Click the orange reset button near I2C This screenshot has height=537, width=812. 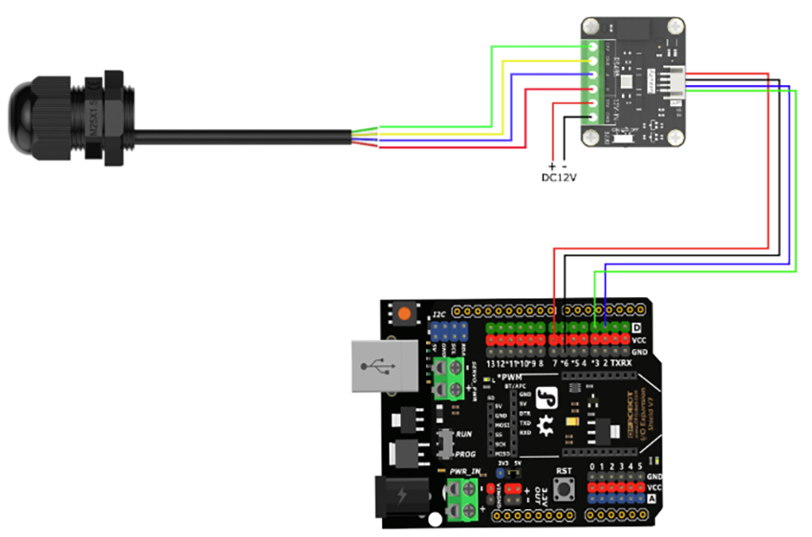point(405,313)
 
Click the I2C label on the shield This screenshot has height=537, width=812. point(438,312)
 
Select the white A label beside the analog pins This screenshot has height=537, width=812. point(652,498)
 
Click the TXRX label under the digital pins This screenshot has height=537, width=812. point(621,364)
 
